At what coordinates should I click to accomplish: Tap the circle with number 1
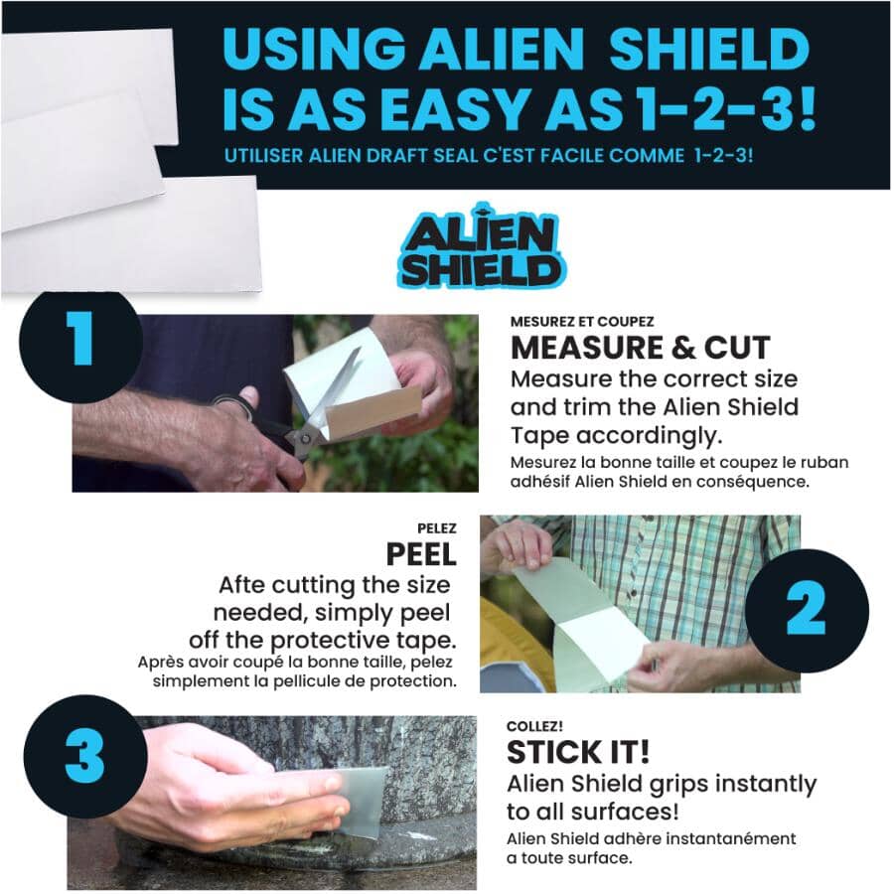click(81, 340)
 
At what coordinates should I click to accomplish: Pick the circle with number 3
click(84, 757)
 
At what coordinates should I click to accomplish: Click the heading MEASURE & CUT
click(640, 349)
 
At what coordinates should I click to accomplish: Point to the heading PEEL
click(421, 553)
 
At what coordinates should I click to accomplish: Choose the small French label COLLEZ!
click(535, 726)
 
